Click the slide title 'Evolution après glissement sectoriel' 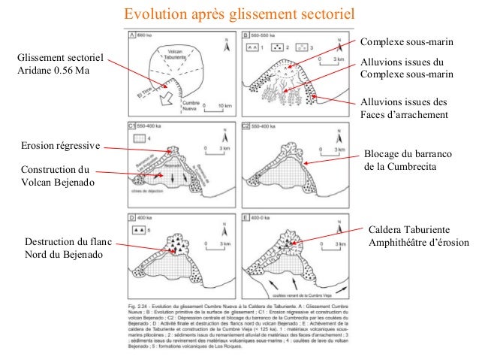(x=239, y=14)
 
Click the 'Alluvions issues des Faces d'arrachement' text (x=403, y=108)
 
